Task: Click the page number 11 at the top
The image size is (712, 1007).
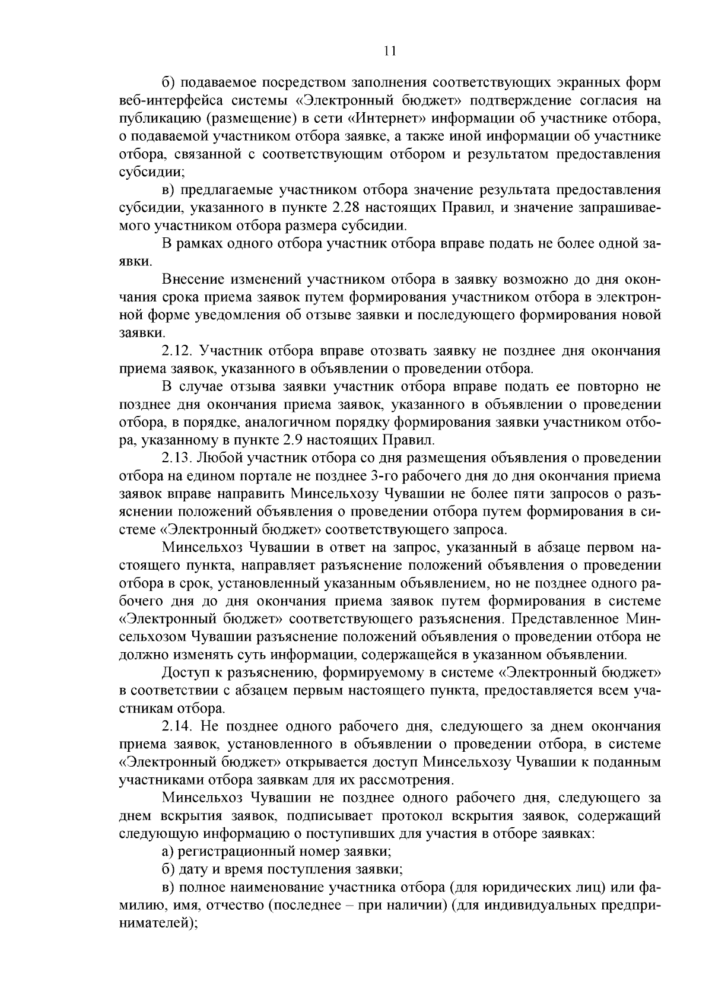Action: [389, 51]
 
